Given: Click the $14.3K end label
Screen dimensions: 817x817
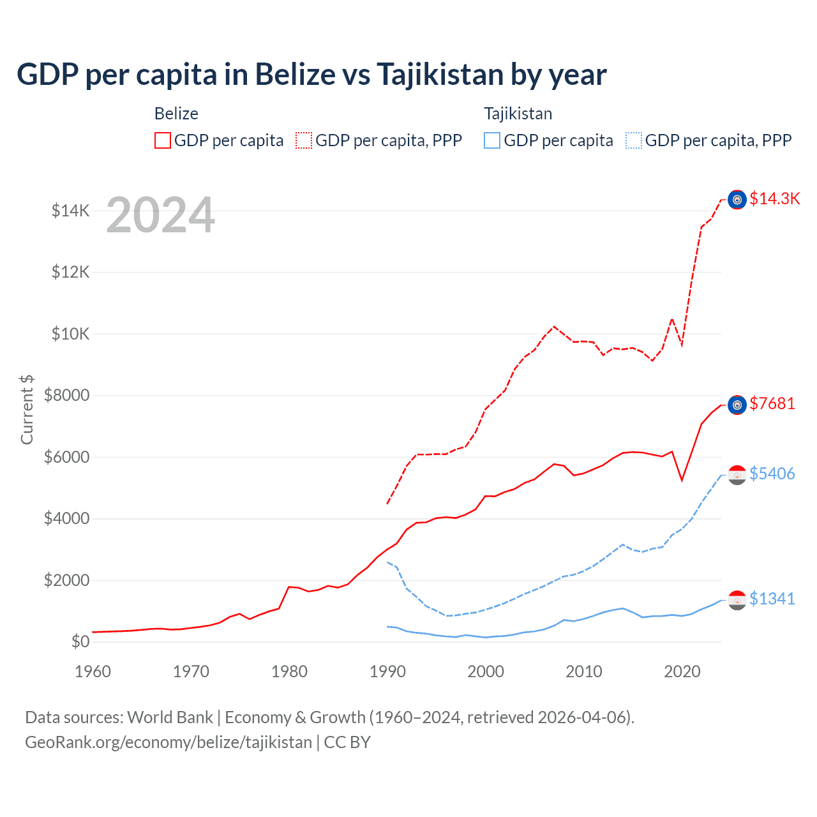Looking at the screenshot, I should tap(774, 199).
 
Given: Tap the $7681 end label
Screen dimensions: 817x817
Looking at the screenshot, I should tap(772, 403).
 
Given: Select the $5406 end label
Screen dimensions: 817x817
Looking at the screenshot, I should tap(772, 474).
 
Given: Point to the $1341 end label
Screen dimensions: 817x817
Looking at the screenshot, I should tap(772, 599).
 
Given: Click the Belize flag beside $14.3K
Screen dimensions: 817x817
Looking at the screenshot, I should tap(737, 200).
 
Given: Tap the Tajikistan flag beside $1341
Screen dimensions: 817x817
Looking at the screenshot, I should tap(737, 599).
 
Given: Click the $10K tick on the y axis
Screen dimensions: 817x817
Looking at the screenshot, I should tap(70, 334).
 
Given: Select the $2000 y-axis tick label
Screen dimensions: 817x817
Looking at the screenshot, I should tap(66, 580).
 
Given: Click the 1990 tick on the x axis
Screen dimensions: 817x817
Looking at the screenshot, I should tap(387, 671).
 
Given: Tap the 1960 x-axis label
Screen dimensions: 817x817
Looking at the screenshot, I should tap(93, 671).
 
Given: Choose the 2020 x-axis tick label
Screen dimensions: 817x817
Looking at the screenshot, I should tap(682, 671).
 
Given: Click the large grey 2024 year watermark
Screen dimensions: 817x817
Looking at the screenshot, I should tap(160, 215).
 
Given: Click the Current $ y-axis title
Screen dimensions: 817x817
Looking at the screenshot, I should tap(27, 410).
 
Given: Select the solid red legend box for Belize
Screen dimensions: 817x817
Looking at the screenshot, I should tap(163, 140).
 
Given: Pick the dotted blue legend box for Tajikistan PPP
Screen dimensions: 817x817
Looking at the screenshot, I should tap(634, 140).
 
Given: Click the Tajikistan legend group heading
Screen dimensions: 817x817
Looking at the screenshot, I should tap(518, 114).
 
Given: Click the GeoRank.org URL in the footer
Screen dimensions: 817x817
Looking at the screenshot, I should tap(169, 742).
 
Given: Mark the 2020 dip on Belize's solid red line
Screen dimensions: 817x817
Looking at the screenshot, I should tap(682, 480).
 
